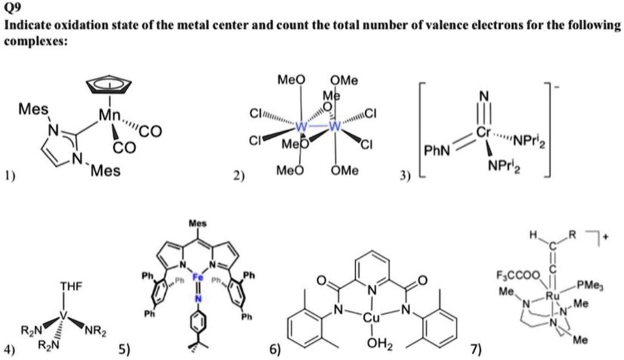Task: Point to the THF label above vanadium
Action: click(x=70, y=286)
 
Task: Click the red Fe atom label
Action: click(x=198, y=277)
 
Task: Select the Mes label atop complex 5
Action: click(x=197, y=223)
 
